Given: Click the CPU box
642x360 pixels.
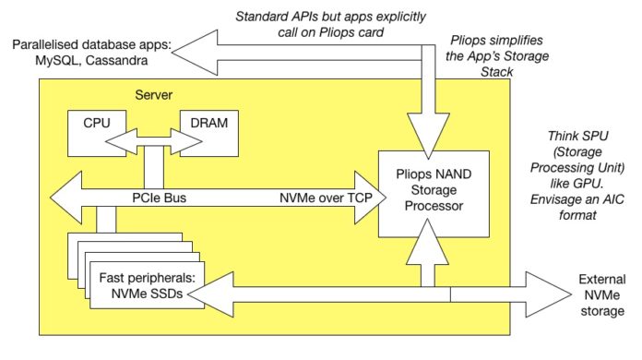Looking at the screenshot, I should click(x=94, y=124).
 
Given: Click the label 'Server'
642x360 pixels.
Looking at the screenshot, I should click(x=153, y=94).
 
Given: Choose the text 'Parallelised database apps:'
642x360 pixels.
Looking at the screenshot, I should click(x=89, y=46).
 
